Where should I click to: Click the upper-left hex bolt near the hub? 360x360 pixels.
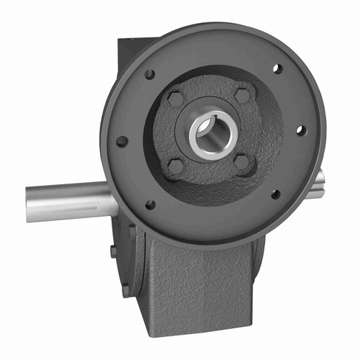(176, 99)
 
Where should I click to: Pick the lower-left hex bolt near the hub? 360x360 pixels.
(176, 167)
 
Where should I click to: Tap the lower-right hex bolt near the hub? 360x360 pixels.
(243, 162)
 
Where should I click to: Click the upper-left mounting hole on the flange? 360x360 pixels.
(149, 74)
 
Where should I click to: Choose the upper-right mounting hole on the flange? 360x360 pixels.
(276, 69)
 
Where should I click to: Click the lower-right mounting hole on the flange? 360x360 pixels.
(275, 194)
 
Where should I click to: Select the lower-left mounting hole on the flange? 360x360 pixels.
(150, 204)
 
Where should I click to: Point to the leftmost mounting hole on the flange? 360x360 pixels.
(122, 141)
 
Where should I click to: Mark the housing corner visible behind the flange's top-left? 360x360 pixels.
(124, 54)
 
